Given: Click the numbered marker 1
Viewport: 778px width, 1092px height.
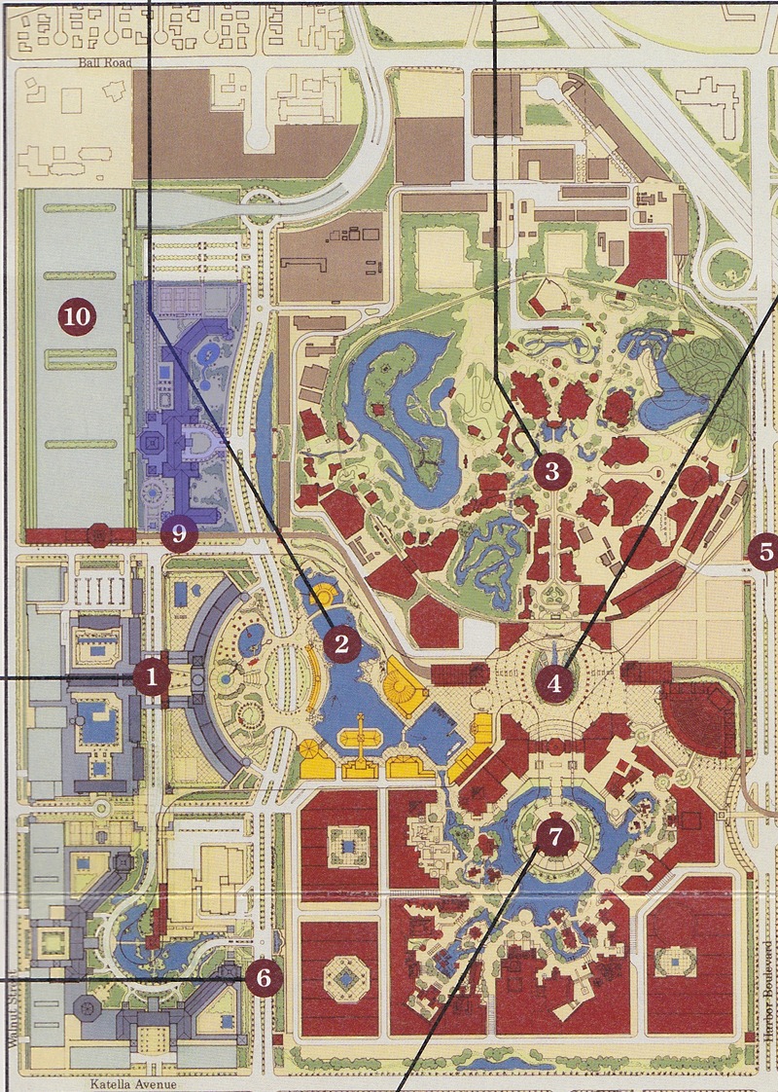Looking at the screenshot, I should (x=152, y=676).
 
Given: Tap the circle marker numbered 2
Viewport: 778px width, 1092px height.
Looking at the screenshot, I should (x=341, y=643).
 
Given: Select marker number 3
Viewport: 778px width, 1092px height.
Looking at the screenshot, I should (x=551, y=474).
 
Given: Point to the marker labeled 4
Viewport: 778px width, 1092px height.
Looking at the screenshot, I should (x=554, y=683).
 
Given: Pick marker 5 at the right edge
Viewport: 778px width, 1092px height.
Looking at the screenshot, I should (x=765, y=552).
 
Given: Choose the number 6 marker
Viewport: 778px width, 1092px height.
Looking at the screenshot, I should (x=264, y=977).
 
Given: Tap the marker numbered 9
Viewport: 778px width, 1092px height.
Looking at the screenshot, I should (x=179, y=533).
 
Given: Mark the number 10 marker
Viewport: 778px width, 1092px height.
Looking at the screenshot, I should (x=77, y=316).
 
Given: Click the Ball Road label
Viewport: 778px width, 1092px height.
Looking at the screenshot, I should (x=105, y=61).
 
